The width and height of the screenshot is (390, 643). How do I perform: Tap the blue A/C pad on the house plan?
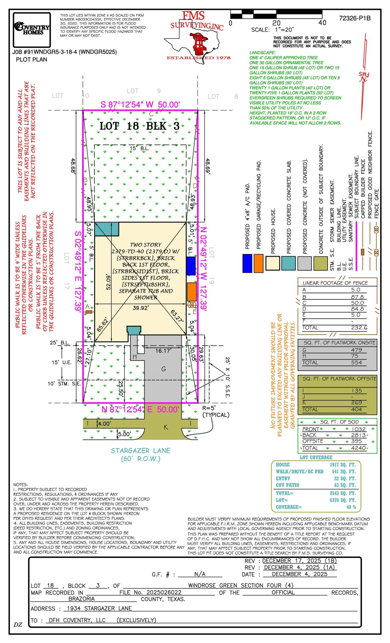(191, 266)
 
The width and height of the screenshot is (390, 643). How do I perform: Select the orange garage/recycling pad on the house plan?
(192, 292)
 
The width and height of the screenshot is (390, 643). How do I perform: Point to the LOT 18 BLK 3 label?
(139, 126)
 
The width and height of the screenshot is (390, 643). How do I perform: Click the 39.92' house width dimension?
(141, 308)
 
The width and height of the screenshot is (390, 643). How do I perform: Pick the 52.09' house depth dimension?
(109, 282)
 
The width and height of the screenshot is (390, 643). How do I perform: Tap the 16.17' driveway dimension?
(163, 351)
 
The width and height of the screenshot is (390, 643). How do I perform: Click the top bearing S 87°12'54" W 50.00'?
(140, 105)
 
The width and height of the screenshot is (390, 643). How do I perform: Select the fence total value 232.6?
(359, 327)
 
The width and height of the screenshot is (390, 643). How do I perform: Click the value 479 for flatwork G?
(356, 350)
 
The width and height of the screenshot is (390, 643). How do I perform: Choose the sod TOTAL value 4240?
(358, 448)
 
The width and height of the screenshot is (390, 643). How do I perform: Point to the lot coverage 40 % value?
(351, 507)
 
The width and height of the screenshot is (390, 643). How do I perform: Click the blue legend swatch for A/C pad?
(247, 263)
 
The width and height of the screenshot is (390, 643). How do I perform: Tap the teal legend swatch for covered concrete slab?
(288, 263)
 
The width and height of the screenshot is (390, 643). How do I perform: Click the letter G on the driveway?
(163, 369)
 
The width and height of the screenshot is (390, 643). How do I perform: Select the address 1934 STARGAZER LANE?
(99, 608)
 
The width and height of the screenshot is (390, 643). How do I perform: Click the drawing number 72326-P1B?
(355, 18)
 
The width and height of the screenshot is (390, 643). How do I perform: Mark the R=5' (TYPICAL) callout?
(216, 411)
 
